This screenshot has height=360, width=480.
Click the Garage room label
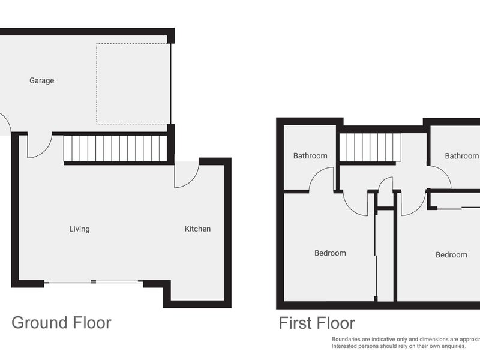(41, 80)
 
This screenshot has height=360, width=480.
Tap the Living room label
(79, 229)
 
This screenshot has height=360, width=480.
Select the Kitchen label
(197, 229)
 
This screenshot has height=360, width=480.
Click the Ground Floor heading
(61, 323)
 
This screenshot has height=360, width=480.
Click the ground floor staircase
(115, 148)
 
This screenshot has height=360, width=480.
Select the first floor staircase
(370, 147)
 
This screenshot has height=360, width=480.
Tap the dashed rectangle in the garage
(133, 84)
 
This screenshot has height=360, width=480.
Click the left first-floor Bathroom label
(310, 156)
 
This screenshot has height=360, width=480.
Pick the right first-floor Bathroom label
(461, 156)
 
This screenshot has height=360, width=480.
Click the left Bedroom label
(330, 253)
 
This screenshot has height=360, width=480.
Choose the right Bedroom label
(451, 255)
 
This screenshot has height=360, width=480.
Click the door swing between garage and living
(40, 146)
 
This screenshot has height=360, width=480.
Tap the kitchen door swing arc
(186, 175)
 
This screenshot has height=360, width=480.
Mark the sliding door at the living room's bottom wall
(93, 282)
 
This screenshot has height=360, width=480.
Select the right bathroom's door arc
(440, 177)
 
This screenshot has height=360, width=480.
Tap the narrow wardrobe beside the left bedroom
(385, 255)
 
